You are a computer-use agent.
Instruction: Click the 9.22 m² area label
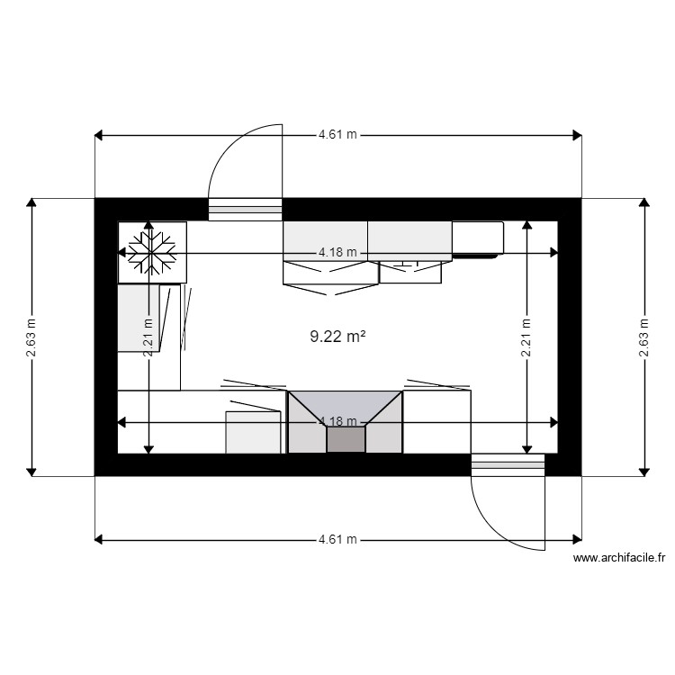click(337, 337)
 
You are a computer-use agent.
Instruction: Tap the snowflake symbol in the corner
click(151, 252)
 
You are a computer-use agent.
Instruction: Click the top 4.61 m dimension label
click(337, 135)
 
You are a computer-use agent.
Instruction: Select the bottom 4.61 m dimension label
click(337, 540)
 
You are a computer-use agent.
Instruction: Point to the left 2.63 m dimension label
click(31, 337)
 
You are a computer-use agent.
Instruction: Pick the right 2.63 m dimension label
click(643, 337)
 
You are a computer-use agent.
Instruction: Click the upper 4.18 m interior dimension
click(337, 253)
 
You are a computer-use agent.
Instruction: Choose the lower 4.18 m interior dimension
click(337, 421)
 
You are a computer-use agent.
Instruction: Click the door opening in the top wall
click(246, 210)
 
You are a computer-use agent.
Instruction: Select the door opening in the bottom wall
click(508, 464)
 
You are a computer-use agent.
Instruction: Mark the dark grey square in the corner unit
click(346, 440)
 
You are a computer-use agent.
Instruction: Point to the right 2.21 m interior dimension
click(526, 337)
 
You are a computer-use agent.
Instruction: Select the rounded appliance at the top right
click(477, 238)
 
